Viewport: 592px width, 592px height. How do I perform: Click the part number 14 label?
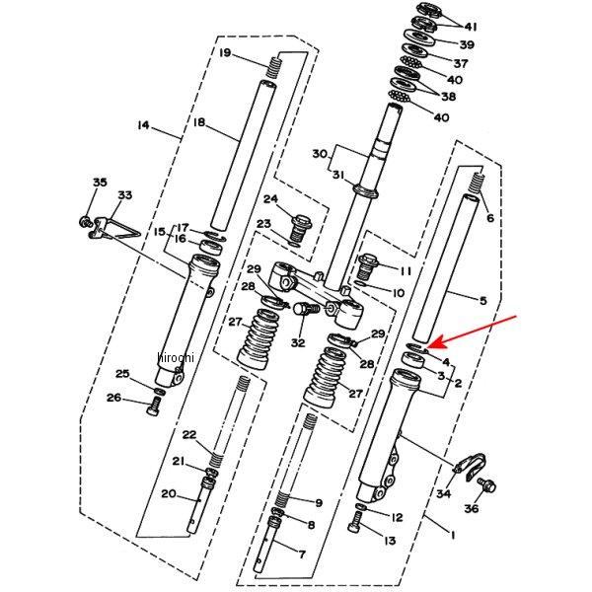tap(143, 125)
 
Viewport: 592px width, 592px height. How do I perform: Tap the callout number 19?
tap(225, 52)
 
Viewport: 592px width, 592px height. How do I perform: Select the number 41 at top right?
tap(469, 27)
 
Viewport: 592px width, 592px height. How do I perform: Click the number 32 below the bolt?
tap(298, 343)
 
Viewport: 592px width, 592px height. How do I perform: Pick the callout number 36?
tap(471, 508)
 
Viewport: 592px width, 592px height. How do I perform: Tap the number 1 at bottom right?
tap(452, 536)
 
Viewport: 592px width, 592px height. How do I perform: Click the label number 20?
tap(169, 493)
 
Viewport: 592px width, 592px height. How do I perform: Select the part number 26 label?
tap(114, 398)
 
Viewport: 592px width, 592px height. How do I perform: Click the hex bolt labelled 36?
tap(487, 484)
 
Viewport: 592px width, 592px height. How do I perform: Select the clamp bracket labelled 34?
tap(472, 463)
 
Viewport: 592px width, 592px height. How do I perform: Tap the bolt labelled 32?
tap(303, 310)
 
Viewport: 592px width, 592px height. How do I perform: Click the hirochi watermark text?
tap(177, 357)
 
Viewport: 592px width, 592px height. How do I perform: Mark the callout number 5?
tap(483, 300)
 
